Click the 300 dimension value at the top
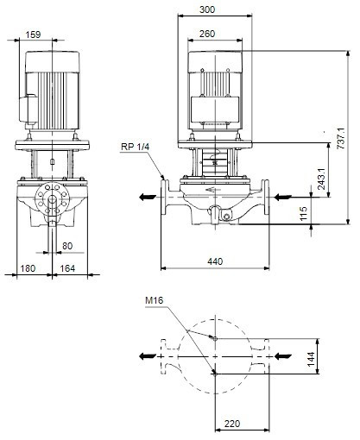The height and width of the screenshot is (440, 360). (x=207, y=9)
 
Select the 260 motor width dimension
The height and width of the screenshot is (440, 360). (x=207, y=34)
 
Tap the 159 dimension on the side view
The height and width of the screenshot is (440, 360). (x=33, y=35)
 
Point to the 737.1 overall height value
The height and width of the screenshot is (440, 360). (x=340, y=138)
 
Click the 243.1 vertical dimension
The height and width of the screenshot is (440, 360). (x=321, y=179)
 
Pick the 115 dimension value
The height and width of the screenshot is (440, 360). (x=304, y=214)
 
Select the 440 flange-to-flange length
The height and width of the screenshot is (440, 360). (x=215, y=261)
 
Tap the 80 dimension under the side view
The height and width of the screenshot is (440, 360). (x=67, y=246)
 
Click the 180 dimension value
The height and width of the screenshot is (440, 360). (x=28, y=268)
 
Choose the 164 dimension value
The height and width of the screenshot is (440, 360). (x=67, y=268)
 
